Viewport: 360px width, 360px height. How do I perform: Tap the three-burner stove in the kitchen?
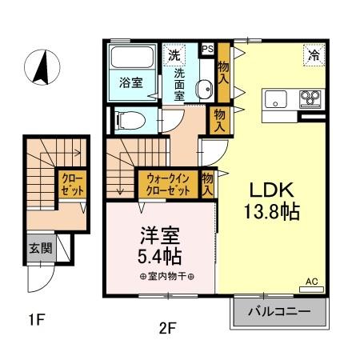[x=309, y=100]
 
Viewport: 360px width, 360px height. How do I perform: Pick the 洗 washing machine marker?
[x=174, y=54]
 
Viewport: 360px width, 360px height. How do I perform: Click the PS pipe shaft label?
[x=207, y=49]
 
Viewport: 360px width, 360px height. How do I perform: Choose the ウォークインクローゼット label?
[x=167, y=186]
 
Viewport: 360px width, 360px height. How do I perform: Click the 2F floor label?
[x=166, y=326]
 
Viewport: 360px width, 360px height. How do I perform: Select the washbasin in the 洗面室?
[x=203, y=88]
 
